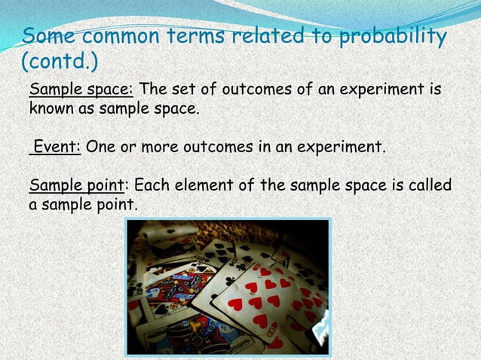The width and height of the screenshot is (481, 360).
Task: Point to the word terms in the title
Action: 200,35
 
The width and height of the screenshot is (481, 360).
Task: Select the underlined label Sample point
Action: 75,185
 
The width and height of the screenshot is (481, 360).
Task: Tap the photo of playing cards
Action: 228,286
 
